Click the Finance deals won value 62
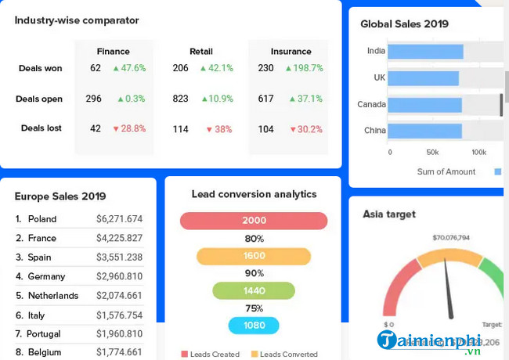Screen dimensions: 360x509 96,68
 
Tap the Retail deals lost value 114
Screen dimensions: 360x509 181,129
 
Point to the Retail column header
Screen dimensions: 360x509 200,52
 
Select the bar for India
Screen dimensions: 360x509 425,52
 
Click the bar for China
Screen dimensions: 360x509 424,131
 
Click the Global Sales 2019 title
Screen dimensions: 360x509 404,24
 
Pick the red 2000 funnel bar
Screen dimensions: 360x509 254,221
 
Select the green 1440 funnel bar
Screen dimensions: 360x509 254,290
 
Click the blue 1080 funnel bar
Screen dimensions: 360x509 254,326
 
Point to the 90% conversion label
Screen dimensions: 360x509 254,273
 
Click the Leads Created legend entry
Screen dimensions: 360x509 210,355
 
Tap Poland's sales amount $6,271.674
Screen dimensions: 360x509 119,219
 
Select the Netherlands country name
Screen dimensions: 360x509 53,296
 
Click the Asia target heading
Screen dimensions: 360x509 389,214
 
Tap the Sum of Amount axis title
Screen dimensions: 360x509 446,171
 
